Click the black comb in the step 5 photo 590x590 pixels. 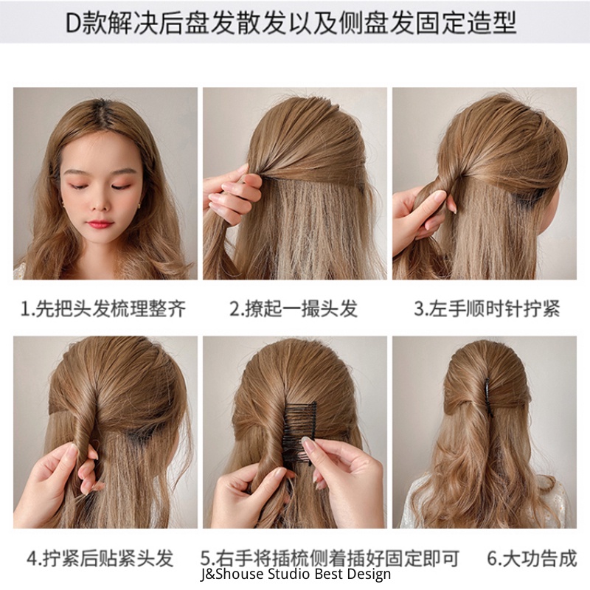(x=300, y=433)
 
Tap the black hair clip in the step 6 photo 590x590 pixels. (x=488, y=398)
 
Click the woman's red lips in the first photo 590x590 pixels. (x=100, y=224)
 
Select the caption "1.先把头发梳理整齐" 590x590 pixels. (x=103, y=308)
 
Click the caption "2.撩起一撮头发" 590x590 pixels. (x=294, y=308)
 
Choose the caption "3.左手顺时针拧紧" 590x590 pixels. (x=487, y=308)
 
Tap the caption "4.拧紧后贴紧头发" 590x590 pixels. (x=100, y=558)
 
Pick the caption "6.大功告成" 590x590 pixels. (x=532, y=558)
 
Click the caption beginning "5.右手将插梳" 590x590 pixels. (x=330, y=558)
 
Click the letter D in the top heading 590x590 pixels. (x=73, y=23)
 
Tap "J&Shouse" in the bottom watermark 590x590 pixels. (x=232, y=575)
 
